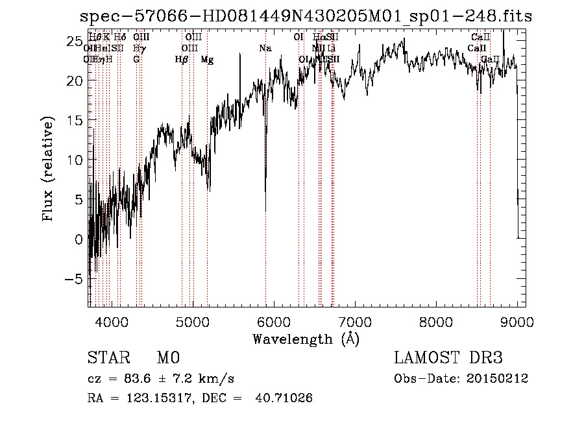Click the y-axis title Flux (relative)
point(49,170)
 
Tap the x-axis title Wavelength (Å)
point(306,338)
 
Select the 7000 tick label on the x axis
point(354,321)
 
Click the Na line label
point(265,49)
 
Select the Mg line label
point(207,60)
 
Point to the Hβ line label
point(182,60)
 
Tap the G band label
point(136,60)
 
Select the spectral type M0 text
point(167,358)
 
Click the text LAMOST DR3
point(448,358)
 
